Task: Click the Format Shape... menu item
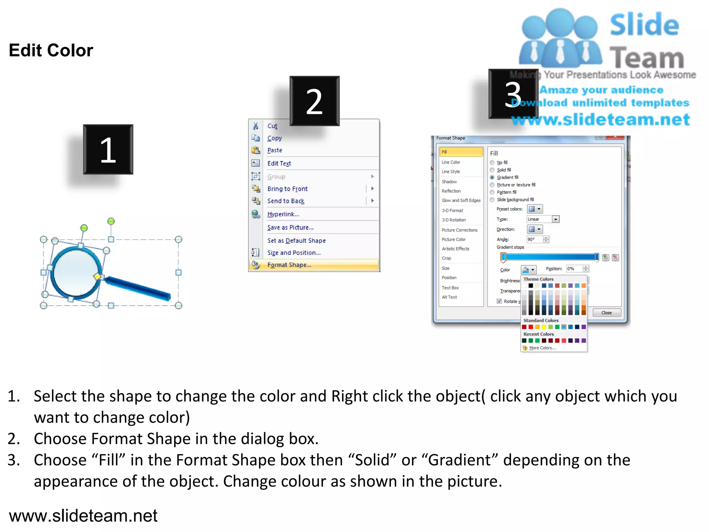[x=289, y=265]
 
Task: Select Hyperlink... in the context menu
[x=283, y=214]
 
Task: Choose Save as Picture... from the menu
[x=290, y=228]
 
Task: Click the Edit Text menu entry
[x=279, y=163]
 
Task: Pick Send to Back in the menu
[x=286, y=201]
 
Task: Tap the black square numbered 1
[x=108, y=149]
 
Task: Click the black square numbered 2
[x=314, y=101]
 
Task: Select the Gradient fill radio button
[x=492, y=177]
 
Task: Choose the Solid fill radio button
[x=492, y=170]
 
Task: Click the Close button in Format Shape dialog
[x=607, y=313]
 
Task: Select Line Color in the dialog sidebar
[x=451, y=162]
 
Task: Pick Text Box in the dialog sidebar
[x=450, y=288]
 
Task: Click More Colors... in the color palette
[x=542, y=348]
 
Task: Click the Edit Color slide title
[x=51, y=50]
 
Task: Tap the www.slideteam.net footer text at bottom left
[x=83, y=515]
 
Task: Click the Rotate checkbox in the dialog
[x=499, y=301]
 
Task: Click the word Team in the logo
[x=647, y=57]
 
